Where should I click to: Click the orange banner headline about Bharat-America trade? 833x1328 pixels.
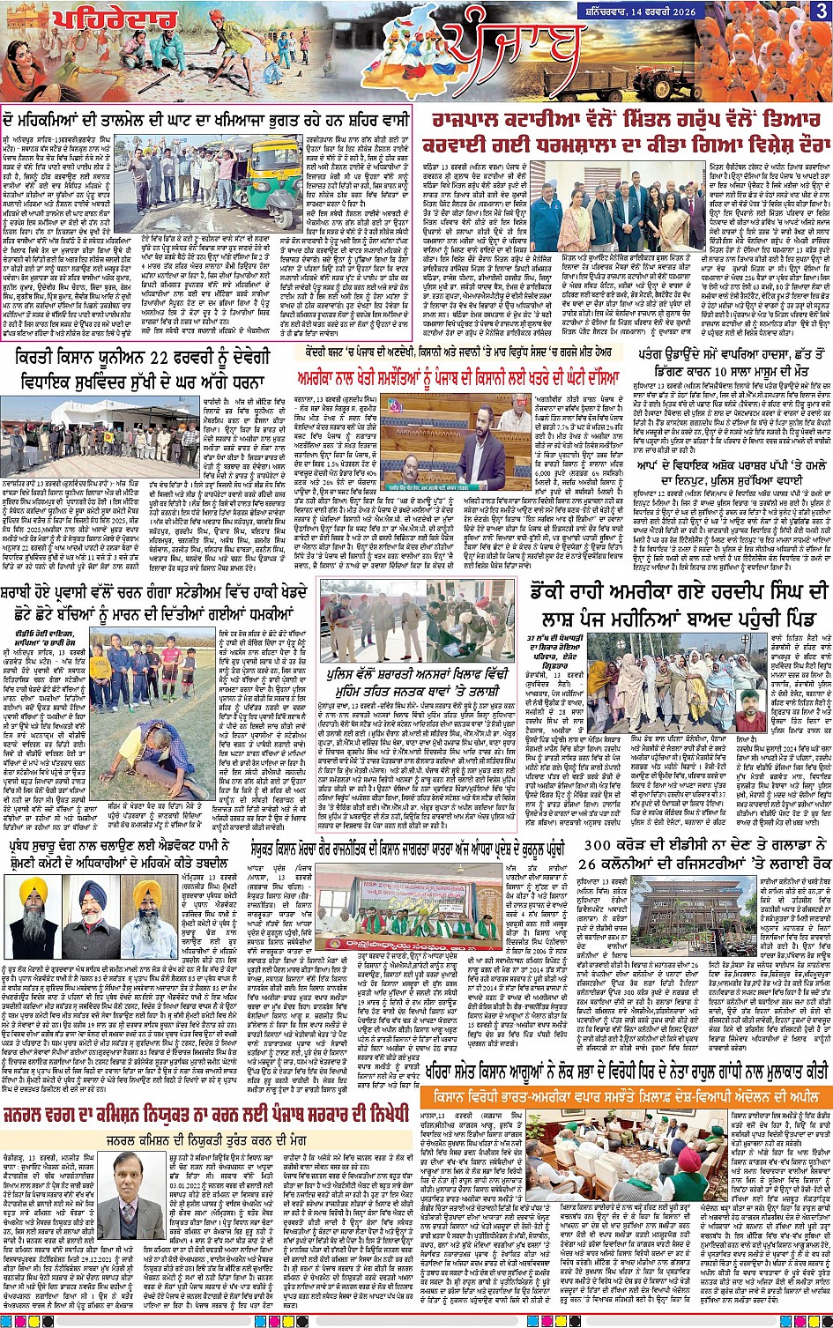tap(624, 1097)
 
